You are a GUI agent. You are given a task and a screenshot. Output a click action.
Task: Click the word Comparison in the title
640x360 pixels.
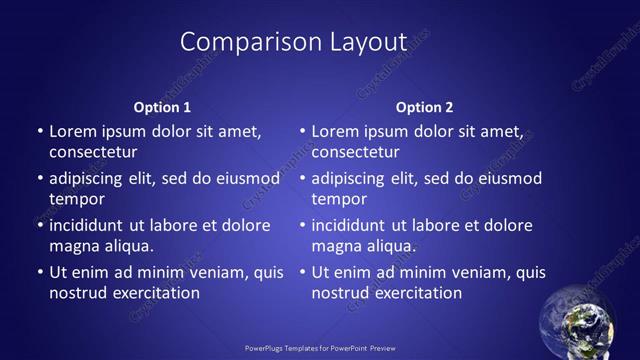[x=236, y=42]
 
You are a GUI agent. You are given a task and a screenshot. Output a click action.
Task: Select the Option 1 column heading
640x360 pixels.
[x=162, y=107]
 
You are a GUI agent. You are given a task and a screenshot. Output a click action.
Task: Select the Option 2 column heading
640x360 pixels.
[x=424, y=107]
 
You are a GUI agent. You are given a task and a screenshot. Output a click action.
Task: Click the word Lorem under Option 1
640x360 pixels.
[x=71, y=131]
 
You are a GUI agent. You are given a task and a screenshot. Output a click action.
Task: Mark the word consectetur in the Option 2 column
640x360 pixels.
[x=355, y=153]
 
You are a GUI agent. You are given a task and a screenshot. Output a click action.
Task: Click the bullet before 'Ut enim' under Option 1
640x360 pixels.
[x=39, y=272]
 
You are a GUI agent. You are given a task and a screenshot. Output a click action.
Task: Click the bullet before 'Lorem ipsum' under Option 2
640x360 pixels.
[x=301, y=131]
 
